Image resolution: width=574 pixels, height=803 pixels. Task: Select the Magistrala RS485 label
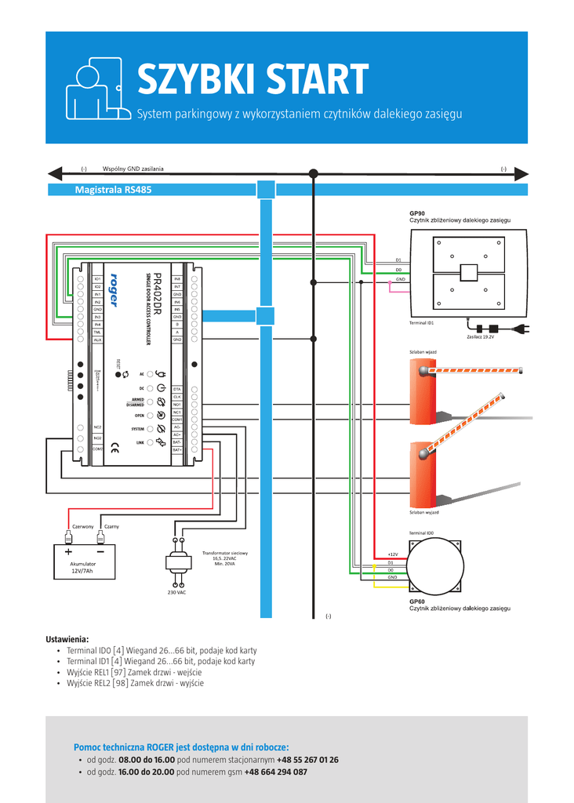(x=113, y=190)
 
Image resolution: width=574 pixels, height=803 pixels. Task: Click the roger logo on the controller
(x=114, y=290)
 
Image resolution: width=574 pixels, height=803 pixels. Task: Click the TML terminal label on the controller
(x=97, y=332)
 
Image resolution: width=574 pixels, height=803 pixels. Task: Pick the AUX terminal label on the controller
(x=97, y=340)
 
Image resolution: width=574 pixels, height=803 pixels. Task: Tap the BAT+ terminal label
(x=177, y=450)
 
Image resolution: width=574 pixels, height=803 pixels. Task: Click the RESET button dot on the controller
(x=118, y=375)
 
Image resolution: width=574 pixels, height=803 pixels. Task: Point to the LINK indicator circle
(x=149, y=443)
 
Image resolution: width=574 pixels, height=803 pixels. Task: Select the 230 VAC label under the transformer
(x=176, y=592)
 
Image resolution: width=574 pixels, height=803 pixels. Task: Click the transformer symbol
(x=177, y=561)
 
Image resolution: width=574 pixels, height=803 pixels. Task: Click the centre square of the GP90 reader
(x=468, y=272)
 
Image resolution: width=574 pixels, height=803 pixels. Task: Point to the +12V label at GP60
(x=392, y=554)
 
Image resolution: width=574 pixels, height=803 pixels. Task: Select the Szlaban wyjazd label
(x=424, y=512)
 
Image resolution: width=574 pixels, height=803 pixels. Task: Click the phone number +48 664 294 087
(x=276, y=772)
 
